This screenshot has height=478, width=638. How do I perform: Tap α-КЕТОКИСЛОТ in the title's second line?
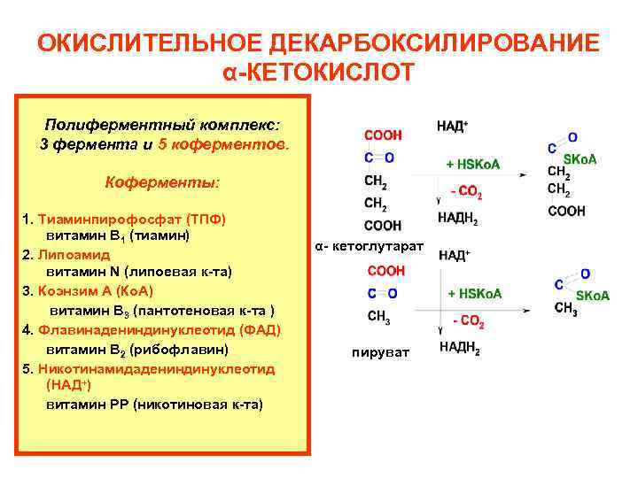click(x=319, y=72)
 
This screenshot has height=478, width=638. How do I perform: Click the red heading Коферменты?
click(x=161, y=182)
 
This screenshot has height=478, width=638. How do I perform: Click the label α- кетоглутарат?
click(x=370, y=245)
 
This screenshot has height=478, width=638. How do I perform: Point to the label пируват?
click(x=380, y=352)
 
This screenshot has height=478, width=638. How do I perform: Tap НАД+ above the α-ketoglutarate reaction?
click(x=453, y=127)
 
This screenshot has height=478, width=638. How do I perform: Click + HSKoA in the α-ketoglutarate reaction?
click(x=473, y=165)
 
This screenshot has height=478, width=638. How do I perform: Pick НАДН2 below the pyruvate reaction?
click(x=459, y=348)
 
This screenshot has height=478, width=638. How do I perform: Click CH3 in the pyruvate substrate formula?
click(x=377, y=316)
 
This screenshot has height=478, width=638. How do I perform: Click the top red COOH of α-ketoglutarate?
click(x=383, y=135)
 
